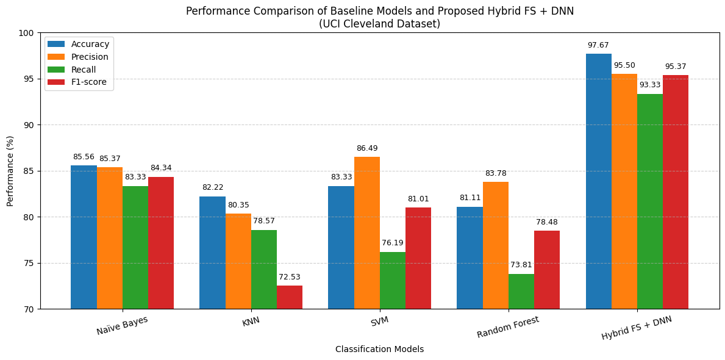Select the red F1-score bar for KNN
point(290,297)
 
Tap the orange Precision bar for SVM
point(367,232)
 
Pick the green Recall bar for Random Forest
point(521,291)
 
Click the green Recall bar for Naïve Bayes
point(135,247)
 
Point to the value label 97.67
point(598,45)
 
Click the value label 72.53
point(290,277)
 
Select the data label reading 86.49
point(367,148)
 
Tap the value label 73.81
point(521,265)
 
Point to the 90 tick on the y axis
point(29,125)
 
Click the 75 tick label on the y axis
point(29,263)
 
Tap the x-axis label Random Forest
point(508,327)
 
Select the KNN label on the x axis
point(251,322)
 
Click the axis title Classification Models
point(379,350)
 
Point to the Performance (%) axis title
point(10,171)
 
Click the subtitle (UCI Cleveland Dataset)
point(379,24)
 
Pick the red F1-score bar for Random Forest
point(547,270)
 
